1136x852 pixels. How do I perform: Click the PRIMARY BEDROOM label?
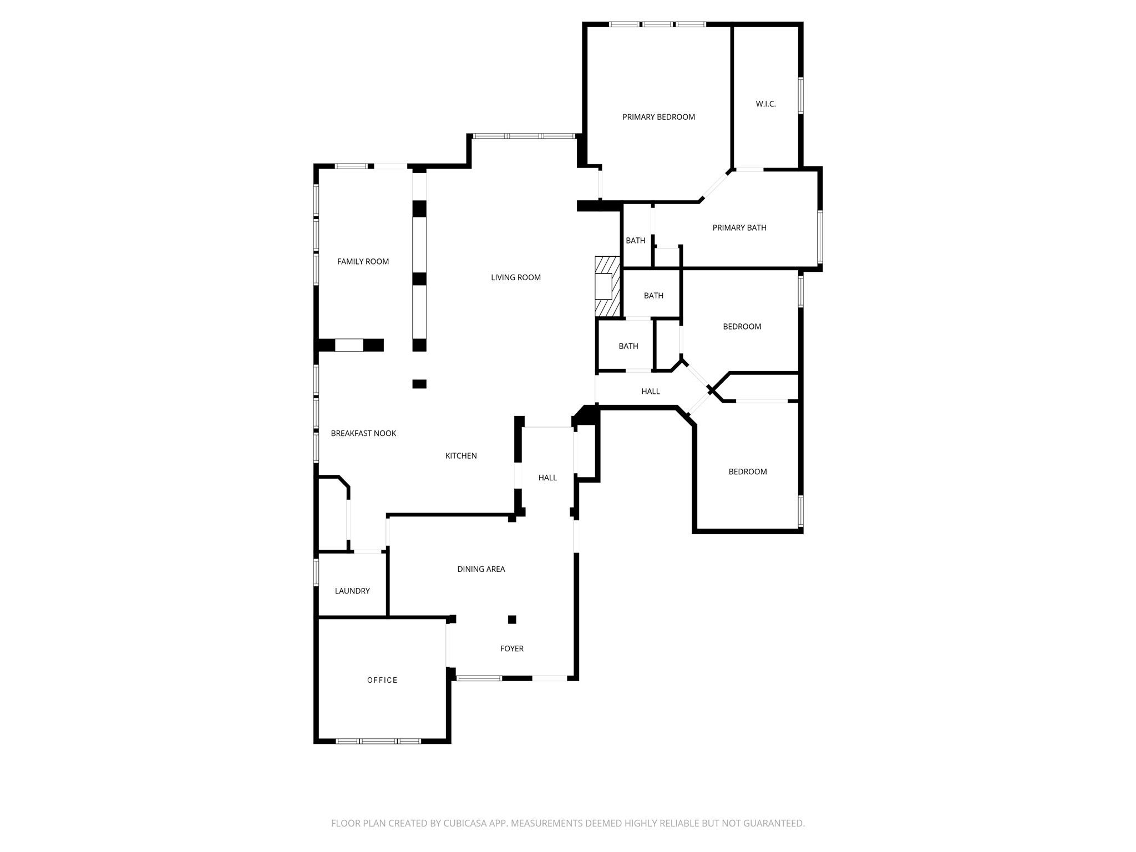658,117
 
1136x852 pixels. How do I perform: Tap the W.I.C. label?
765,104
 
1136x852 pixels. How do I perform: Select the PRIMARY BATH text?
739,227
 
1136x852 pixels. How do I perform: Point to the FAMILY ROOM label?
363,261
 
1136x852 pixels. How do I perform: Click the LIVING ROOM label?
515,277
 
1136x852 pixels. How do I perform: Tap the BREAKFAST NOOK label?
363,433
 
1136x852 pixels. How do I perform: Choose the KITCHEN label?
461,456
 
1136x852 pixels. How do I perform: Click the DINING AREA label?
481,569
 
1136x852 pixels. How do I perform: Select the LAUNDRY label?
352,591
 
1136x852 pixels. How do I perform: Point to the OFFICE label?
382,680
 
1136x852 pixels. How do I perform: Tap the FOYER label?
511,648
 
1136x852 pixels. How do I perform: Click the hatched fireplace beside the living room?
607,286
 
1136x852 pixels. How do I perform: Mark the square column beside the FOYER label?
512,620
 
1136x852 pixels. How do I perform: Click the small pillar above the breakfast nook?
419,384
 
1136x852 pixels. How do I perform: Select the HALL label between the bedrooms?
650,392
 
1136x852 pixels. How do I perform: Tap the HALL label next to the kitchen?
547,478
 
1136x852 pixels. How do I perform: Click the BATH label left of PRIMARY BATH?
635,241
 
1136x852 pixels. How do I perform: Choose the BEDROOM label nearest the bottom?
747,472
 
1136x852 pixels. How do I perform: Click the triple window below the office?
378,741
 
